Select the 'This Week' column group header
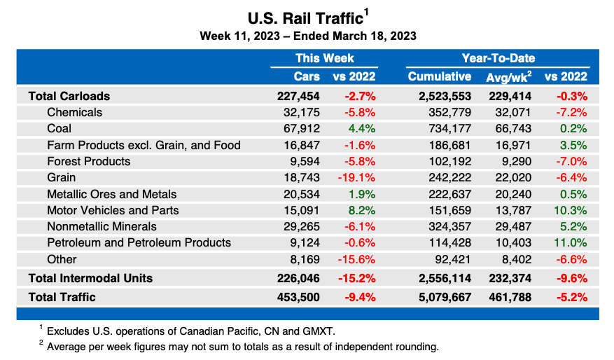click(324, 58)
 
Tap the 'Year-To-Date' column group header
click(498, 58)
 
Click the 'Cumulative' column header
click(439, 76)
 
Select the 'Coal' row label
click(59, 129)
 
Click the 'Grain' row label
click(62, 178)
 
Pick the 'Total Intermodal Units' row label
click(90, 278)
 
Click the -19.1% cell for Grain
click(358, 178)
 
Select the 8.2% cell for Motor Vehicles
click(362, 210)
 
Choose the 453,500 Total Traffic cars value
click(298, 297)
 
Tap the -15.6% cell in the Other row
click(358, 259)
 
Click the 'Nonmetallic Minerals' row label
click(102, 226)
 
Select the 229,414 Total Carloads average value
click(510, 96)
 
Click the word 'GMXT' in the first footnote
click(327, 331)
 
